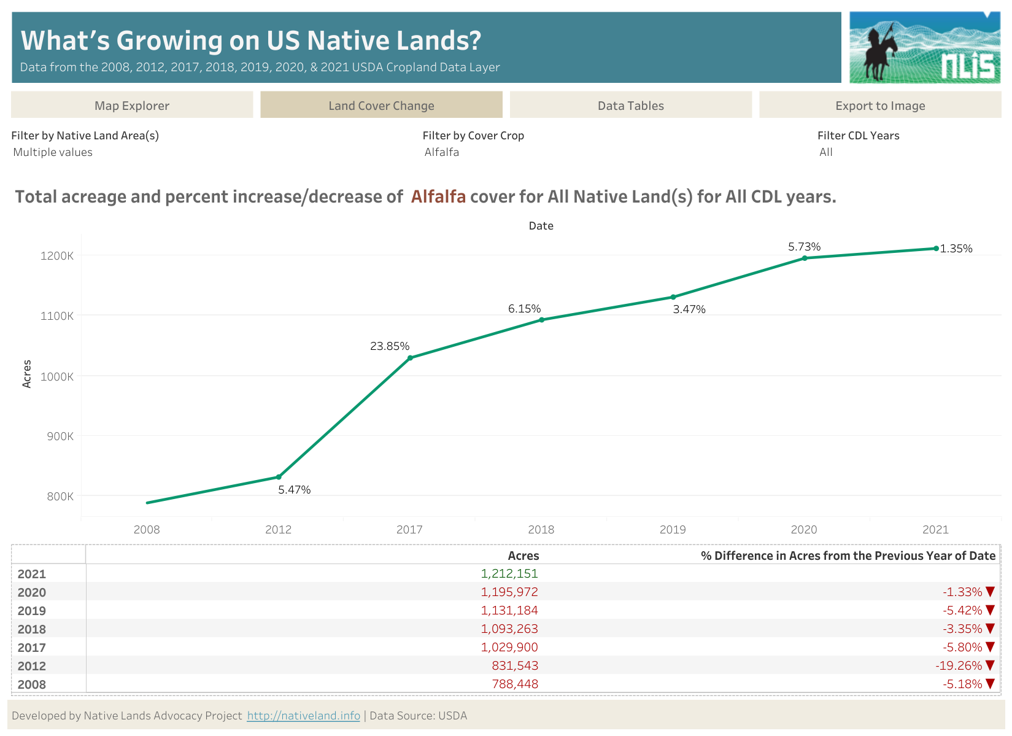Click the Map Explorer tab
pyautogui.click(x=132, y=105)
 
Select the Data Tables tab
pyautogui.click(x=630, y=105)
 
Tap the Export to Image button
pyautogui.click(x=879, y=105)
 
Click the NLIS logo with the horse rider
pyautogui.click(x=924, y=47)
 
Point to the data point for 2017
pyautogui.click(x=410, y=358)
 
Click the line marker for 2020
pyautogui.click(x=805, y=258)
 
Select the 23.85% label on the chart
pyautogui.click(x=390, y=346)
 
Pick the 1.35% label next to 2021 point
pyautogui.click(x=956, y=249)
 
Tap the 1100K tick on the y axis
pyautogui.click(x=57, y=316)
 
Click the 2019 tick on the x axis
pyautogui.click(x=673, y=530)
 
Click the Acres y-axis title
pyautogui.click(x=27, y=374)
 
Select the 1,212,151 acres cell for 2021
pyautogui.click(x=509, y=573)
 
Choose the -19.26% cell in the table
pyautogui.click(x=959, y=665)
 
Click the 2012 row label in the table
pyautogui.click(x=32, y=666)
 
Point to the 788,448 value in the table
pyautogui.click(x=515, y=684)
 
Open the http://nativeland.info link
pyautogui.click(x=303, y=716)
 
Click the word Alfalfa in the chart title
pyautogui.click(x=438, y=196)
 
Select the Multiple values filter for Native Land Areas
pyautogui.click(x=53, y=152)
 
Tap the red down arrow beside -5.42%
pyautogui.click(x=989, y=610)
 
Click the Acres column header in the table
pyautogui.click(x=523, y=556)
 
